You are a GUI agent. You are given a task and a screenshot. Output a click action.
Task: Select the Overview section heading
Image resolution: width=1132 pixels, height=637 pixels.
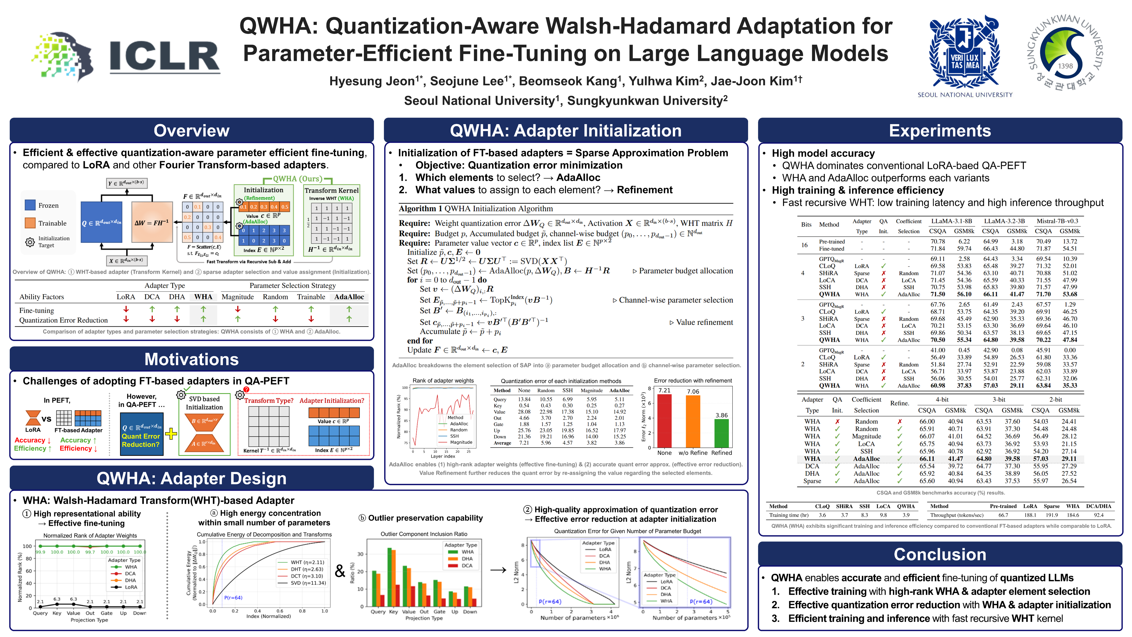(x=192, y=131)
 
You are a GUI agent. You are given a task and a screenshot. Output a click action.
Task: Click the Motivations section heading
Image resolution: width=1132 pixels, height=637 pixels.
(x=192, y=359)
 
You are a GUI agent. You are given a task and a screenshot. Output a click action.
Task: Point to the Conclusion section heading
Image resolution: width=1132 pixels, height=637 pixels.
(x=940, y=554)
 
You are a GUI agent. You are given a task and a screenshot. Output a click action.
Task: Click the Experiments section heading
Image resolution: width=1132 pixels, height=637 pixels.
(x=940, y=131)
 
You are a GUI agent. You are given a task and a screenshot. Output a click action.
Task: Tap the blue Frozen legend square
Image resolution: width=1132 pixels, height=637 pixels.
(x=30, y=205)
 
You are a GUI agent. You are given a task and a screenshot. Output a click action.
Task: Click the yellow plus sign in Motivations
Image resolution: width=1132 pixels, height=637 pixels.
(x=171, y=434)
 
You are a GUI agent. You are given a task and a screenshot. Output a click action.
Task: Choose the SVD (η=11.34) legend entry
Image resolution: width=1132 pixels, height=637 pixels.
(x=302, y=583)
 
